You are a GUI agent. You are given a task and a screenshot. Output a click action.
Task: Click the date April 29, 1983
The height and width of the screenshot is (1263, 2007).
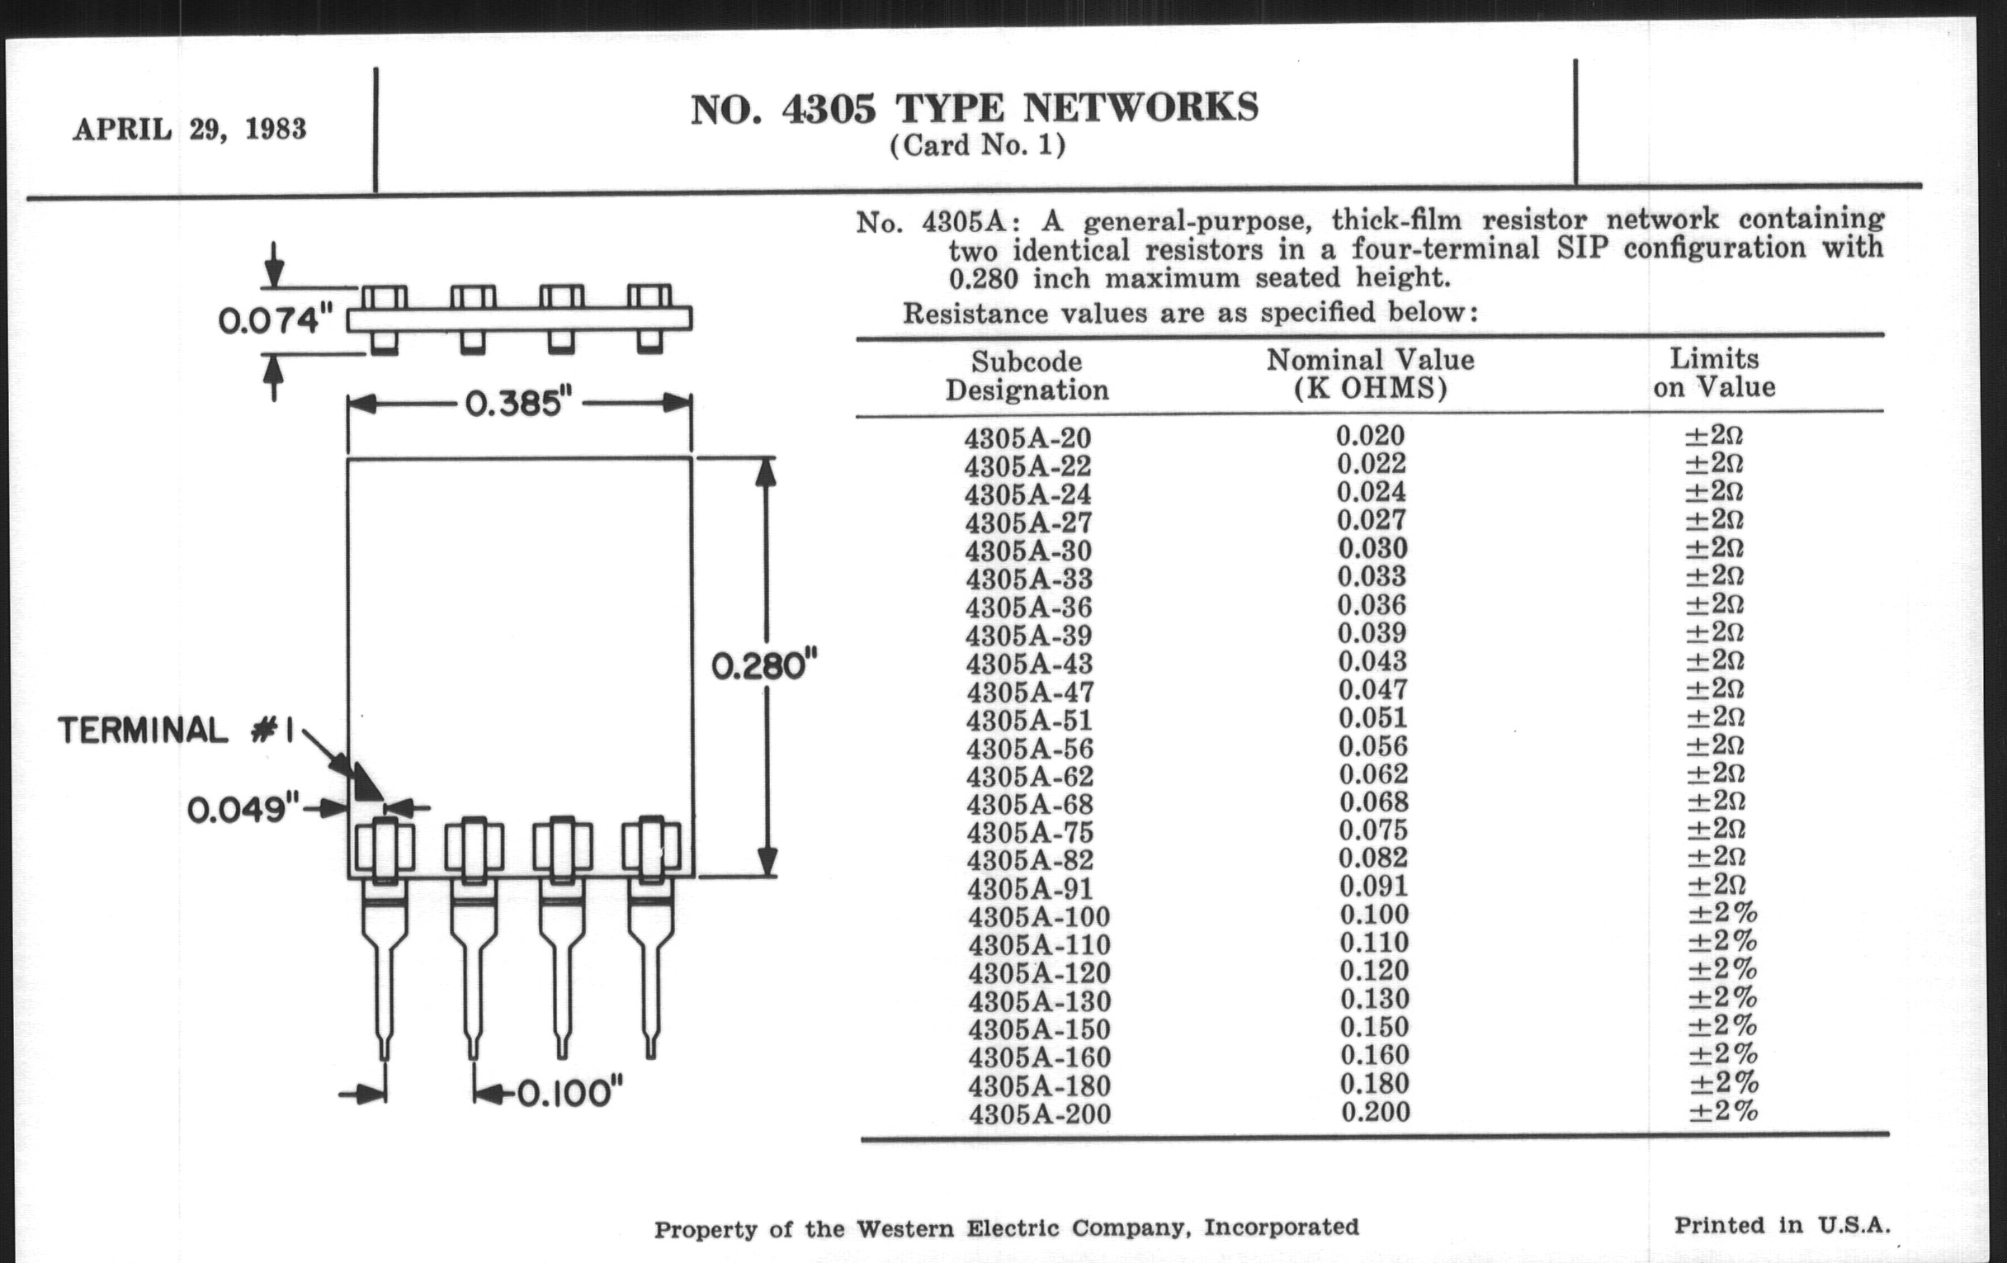coord(190,130)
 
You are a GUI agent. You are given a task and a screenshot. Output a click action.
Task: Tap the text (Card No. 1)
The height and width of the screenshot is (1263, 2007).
coord(977,147)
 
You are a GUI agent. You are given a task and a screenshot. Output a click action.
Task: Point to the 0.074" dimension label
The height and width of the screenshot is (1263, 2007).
coord(275,321)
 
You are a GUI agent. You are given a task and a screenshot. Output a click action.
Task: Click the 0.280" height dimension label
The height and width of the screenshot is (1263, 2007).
coord(763,667)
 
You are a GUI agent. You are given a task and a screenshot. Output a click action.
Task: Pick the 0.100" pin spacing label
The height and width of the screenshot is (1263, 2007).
coord(570,1093)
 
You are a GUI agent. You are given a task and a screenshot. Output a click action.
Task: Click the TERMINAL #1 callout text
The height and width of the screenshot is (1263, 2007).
coord(176,731)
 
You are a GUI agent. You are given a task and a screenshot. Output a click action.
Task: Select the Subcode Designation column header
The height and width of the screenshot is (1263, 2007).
coord(1027,376)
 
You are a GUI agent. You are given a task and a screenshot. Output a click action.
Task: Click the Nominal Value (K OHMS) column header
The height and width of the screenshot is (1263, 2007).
coord(1370,374)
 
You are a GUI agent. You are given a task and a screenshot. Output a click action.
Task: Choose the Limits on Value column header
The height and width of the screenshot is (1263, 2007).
coord(1715,372)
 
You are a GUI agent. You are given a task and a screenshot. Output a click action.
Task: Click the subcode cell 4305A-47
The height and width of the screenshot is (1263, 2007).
coord(1030,692)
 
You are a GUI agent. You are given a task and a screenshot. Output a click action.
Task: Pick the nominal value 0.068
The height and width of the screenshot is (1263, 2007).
coord(1373,802)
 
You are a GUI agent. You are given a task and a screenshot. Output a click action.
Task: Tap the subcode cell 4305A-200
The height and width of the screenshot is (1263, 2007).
coord(1039,1114)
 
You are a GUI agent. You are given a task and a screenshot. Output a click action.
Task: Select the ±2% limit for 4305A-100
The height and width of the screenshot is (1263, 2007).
coord(1722,914)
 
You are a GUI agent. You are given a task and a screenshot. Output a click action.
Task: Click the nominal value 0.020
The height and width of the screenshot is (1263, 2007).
coord(1370,436)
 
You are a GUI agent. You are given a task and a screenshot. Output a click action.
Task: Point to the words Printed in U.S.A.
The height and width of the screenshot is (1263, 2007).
coord(1782,1226)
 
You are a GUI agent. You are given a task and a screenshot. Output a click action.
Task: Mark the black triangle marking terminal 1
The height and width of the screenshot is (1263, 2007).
coord(366,781)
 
